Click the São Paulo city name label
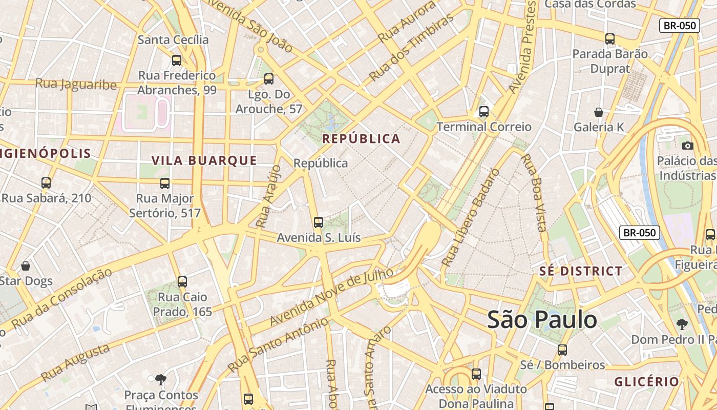point(542,320)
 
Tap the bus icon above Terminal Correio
point(484,111)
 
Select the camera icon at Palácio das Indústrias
point(688,146)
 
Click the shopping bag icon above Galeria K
point(598,112)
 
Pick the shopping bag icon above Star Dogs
point(26,265)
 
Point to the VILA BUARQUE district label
point(204,160)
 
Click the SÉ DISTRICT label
point(581,271)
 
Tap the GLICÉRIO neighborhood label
point(646,381)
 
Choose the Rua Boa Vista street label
point(534,192)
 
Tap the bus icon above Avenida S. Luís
point(319,222)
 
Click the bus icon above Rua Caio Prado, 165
point(182,281)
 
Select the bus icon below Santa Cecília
point(177,60)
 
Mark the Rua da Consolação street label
point(61,299)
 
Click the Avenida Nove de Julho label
point(331,297)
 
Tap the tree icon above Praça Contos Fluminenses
point(161,379)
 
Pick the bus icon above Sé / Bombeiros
point(562,350)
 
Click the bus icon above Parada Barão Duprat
point(609,38)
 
